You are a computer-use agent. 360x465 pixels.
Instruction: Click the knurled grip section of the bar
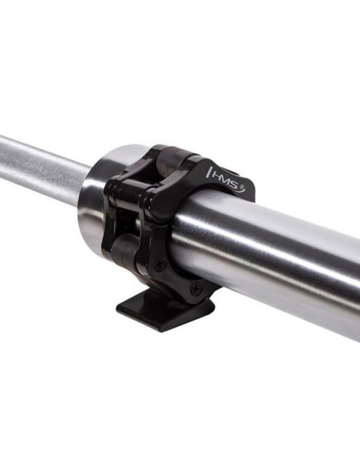pyautogui.click(x=40, y=163)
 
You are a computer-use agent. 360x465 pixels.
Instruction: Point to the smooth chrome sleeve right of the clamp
pyautogui.click(x=295, y=255)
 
